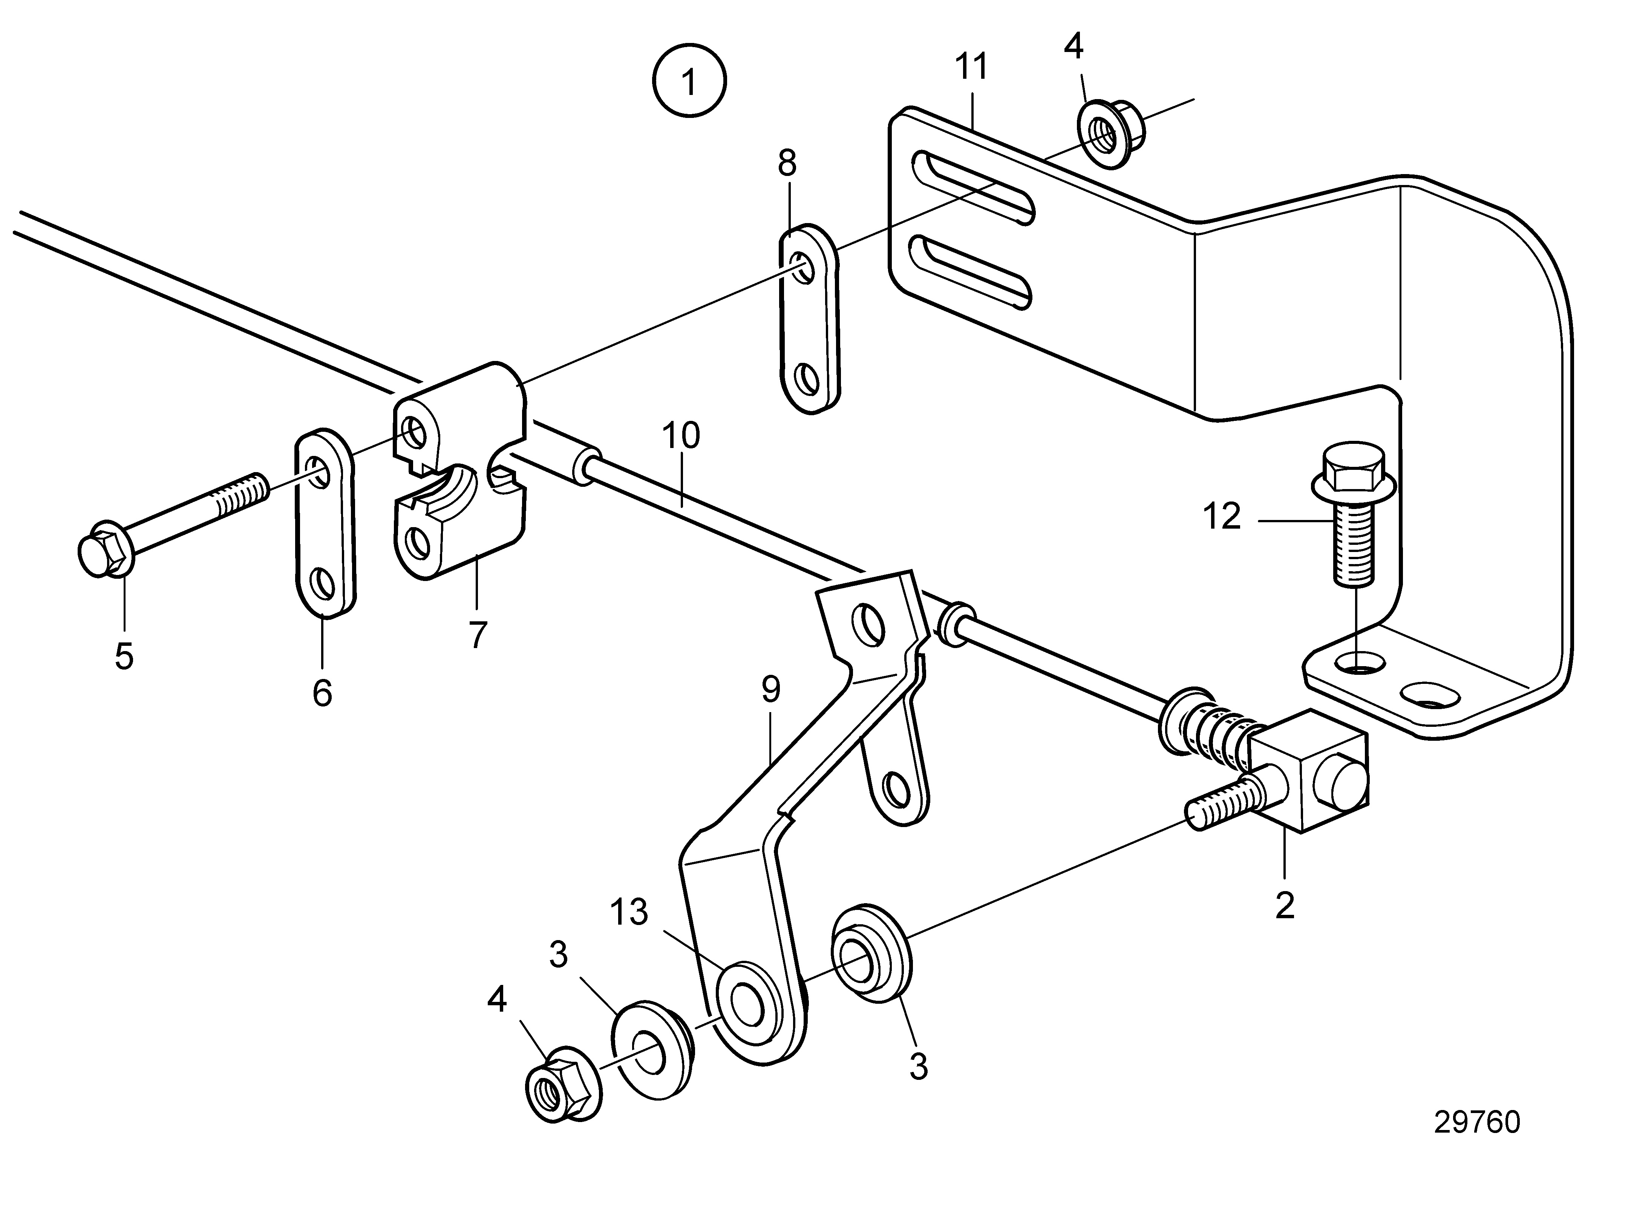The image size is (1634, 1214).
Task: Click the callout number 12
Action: coord(1222,517)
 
